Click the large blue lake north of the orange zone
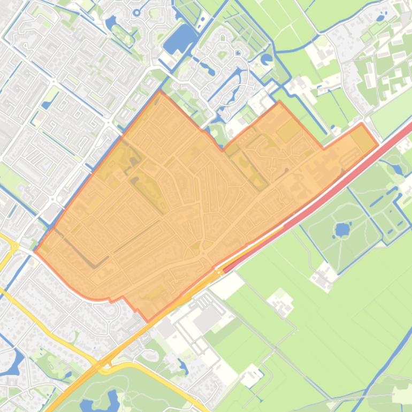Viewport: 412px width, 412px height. coord(181,39)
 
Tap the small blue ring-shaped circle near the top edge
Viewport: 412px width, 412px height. coord(137,12)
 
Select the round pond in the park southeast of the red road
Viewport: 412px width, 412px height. coord(341,230)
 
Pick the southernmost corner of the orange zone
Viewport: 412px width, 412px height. coord(148,321)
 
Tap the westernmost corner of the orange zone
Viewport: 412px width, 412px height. coord(35,250)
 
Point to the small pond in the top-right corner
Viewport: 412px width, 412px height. coord(380,18)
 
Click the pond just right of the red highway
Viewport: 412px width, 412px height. coord(397,169)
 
